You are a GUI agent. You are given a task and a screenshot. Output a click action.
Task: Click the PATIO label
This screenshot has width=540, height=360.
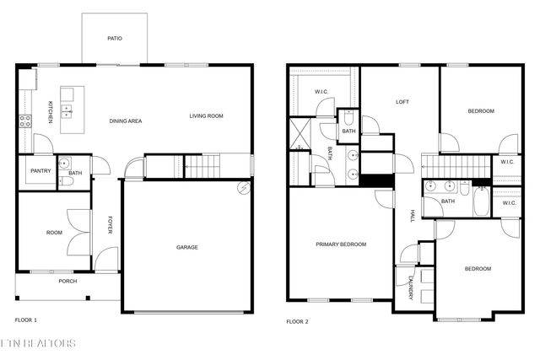pos(115,39)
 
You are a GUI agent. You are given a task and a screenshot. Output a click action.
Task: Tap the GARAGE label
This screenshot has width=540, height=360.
pos(186,247)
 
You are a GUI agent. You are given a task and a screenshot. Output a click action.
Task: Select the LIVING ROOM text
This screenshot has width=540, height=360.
pos(206,116)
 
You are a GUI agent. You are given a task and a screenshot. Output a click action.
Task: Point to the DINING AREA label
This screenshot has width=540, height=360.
pos(126,121)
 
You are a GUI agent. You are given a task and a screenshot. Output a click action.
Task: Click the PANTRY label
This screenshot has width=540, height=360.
pos(40,171)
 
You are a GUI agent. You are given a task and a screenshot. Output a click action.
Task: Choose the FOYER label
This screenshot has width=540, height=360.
pos(110,225)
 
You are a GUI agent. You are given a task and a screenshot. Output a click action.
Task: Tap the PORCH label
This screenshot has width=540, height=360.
pos(67,282)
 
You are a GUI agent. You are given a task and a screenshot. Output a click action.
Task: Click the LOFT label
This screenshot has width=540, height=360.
pos(402,102)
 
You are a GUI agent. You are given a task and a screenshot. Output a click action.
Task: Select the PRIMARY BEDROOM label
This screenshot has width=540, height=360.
pos(341,244)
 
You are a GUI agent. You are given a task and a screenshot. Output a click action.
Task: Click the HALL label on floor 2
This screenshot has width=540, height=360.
pos(413,216)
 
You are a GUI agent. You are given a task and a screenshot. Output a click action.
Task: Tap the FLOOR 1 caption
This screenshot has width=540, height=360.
pos(26,320)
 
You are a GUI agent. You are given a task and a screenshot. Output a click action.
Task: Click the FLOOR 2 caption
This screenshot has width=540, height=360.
pos(297,321)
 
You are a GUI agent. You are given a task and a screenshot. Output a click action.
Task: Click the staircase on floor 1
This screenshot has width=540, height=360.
pos(201,166)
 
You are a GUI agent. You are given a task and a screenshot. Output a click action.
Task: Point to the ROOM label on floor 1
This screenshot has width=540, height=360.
pos(54,233)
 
